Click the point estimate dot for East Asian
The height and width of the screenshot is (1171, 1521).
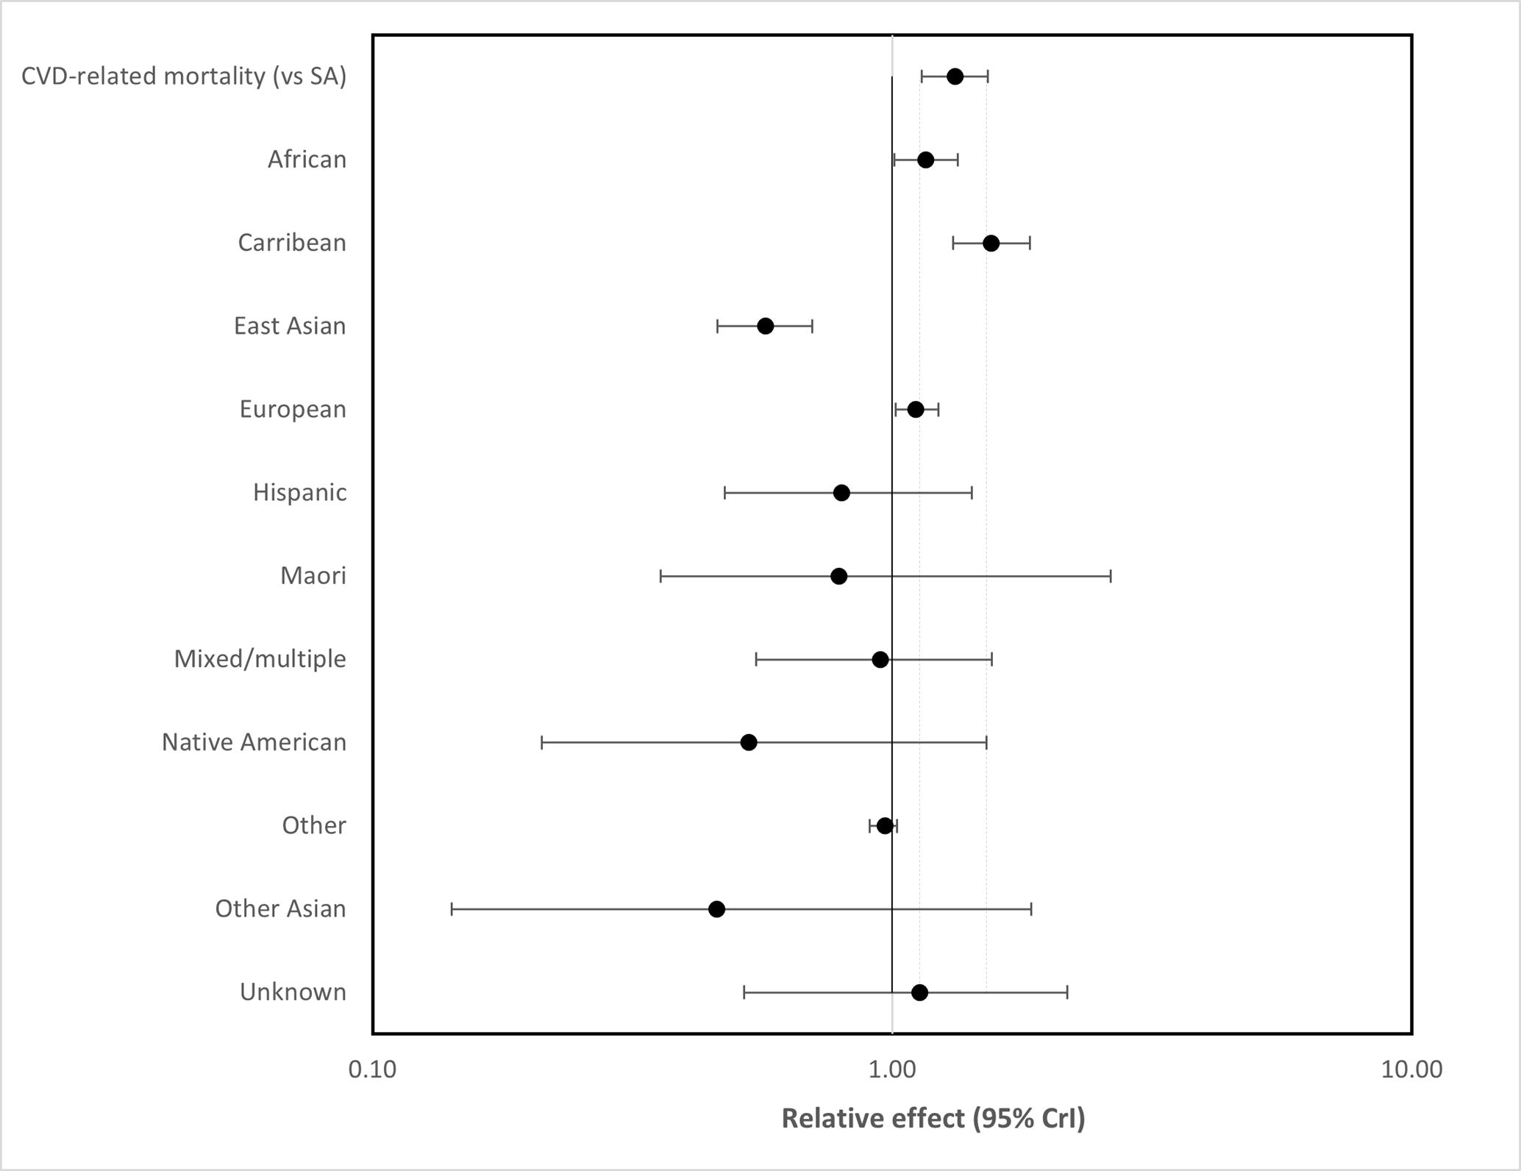point(765,326)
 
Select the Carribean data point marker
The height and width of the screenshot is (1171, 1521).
point(991,243)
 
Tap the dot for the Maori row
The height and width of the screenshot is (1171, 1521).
point(838,576)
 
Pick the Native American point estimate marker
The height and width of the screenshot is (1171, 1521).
point(748,742)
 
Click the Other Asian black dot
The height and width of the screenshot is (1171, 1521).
point(716,909)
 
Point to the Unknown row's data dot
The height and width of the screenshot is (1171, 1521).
point(919,992)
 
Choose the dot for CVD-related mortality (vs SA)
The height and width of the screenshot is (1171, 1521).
point(955,76)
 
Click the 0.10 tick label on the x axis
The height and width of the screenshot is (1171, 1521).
point(372,1069)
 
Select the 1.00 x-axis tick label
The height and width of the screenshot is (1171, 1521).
point(892,1069)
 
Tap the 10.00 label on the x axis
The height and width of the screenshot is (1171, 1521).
point(1411,1069)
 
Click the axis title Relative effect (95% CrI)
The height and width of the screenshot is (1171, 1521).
point(933,1119)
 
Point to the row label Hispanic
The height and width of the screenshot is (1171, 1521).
point(299,492)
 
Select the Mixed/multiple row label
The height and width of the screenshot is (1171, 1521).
point(260,659)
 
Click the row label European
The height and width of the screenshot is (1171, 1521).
point(293,410)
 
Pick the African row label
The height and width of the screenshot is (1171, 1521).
point(307,160)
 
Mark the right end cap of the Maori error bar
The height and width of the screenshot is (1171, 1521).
point(1111,576)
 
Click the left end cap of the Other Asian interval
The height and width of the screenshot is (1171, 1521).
point(452,909)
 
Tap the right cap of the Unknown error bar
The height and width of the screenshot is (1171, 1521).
point(1067,992)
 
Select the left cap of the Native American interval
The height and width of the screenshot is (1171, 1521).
point(542,742)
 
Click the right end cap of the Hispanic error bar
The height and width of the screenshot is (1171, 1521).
point(972,493)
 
